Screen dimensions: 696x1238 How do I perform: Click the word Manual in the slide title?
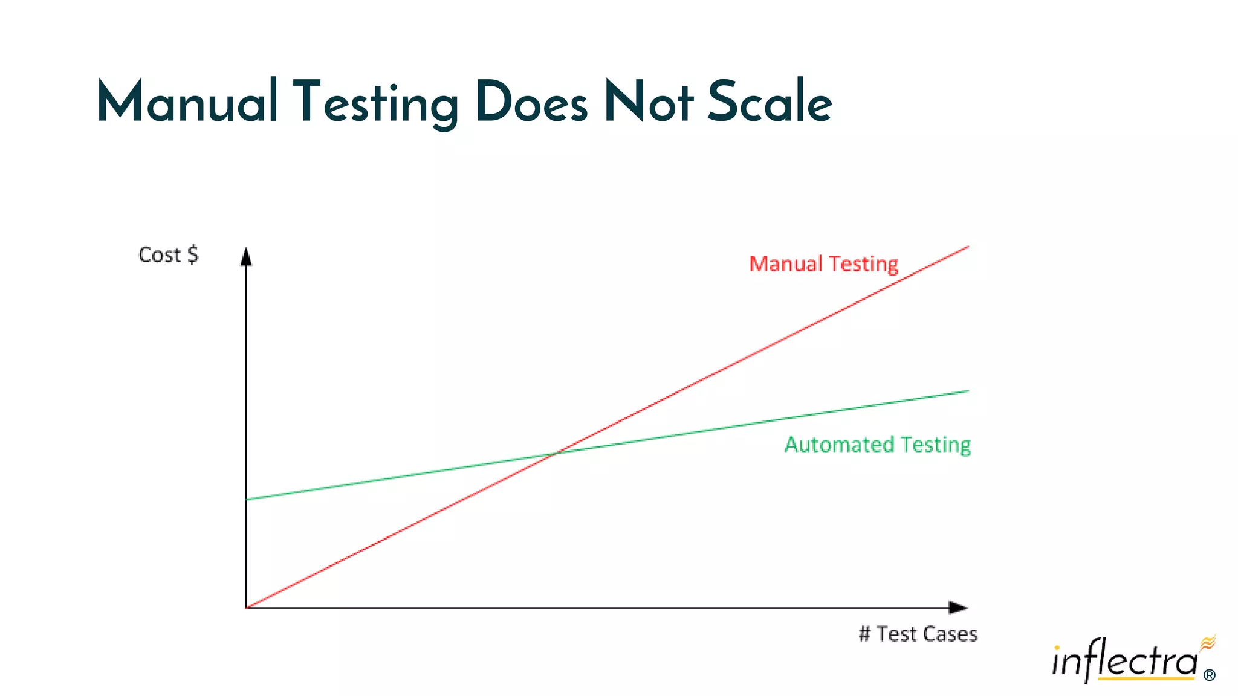tap(187, 101)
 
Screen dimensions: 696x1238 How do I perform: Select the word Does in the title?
tap(531, 101)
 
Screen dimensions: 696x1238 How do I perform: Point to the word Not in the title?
tap(649, 101)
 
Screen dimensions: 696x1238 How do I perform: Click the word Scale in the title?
tap(770, 101)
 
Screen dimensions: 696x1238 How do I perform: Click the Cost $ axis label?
tap(168, 255)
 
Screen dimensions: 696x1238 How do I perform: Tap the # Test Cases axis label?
tap(918, 634)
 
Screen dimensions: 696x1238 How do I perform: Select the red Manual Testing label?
tap(823, 264)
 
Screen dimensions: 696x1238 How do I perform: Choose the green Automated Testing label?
tap(878, 445)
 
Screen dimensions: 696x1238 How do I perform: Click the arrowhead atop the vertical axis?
tap(246, 257)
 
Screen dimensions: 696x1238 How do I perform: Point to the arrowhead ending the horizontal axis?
tap(958, 607)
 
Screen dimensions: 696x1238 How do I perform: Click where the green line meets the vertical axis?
tap(247, 500)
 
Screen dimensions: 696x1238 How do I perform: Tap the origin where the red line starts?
tap(247, 607)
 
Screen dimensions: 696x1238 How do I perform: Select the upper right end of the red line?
tap(968, 246)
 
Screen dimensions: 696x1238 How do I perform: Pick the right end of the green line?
tap(968, 391)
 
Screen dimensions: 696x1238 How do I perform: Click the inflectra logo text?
tap(1124, 662)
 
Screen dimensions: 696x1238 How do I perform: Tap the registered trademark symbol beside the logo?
tap(1210, 675)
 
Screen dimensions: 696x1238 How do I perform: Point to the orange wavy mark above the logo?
tap(1208, 642)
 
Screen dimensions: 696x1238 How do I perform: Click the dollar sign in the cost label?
tap(192, 255)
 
